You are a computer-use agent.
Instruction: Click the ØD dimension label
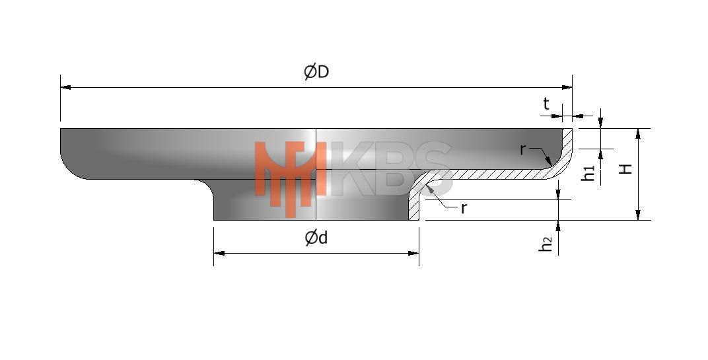pyautogui.click(x=316, y=72)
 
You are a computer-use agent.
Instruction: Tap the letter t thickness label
pyautogui.click(x=546, y=104)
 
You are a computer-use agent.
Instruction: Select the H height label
pyautogui.click(x=625, y=169)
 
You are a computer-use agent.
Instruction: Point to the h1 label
pyautogui.click(x=588, y=173)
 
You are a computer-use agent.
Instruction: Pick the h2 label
pyautogui.click(x=546, y=244)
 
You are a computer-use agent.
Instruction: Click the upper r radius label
pyautogui.click(x=523, y=149)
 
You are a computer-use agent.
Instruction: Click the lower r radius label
pyautogui.click(x=463, y=208)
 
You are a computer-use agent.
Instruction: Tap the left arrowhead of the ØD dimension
pyautogui.click(x=65, y=88)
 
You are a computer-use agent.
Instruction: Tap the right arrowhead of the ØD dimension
pyautogui.click(x=567, y=88)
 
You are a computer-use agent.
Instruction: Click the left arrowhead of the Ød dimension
pyautogui.click(x=219, y=253)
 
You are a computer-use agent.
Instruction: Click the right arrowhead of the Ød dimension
pyautogui.click(x=413, y=253)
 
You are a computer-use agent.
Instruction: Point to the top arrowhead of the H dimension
pyautogui.click(x=637, y=133)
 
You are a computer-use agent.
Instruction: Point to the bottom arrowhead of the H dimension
pyautogui.click(x=637, y=215)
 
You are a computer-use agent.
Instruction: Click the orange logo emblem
pyautogui.click(x=291, y=176)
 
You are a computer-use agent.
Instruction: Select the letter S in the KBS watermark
pyautogui.click(x=427, y=168)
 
